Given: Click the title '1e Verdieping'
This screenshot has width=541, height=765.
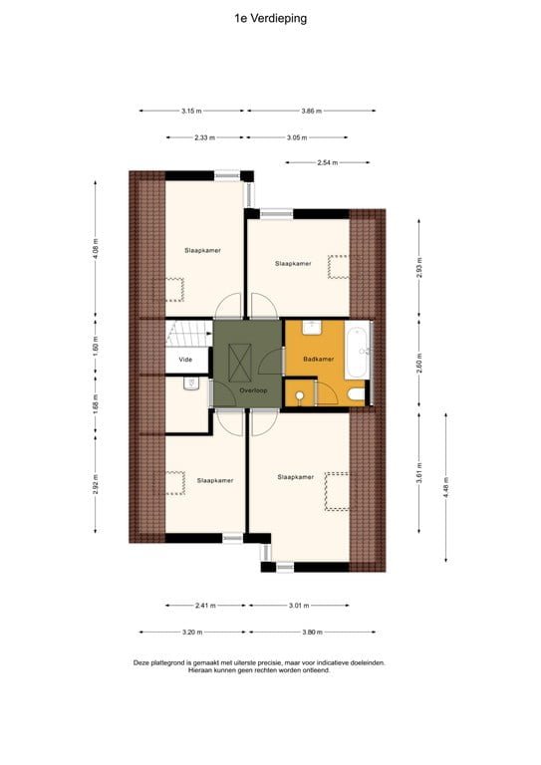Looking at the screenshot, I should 270,17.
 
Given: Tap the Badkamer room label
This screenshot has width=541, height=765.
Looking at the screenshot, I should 318,358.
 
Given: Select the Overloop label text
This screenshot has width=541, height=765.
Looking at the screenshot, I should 254,391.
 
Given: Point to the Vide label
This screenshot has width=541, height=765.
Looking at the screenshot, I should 184,359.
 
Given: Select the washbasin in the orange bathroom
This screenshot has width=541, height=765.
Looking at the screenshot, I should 310,326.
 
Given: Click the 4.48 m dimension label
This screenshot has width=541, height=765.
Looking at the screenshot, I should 446,488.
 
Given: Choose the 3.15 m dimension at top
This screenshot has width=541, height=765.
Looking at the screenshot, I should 191,112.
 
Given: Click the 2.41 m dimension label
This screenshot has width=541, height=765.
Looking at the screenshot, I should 205,605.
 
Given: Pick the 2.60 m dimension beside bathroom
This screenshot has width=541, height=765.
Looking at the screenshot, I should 419,363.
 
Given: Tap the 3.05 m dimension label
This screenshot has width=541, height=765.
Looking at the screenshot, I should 295,137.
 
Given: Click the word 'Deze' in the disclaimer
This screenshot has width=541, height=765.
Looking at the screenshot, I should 142,662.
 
